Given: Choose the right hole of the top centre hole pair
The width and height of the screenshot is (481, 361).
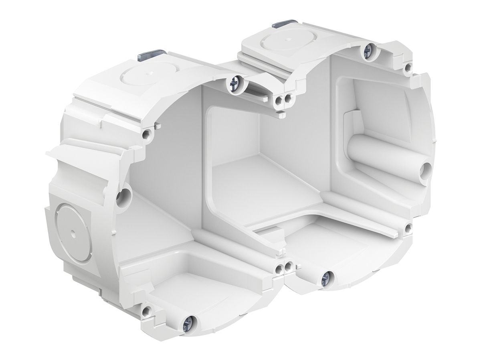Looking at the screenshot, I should tap(287, 98).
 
